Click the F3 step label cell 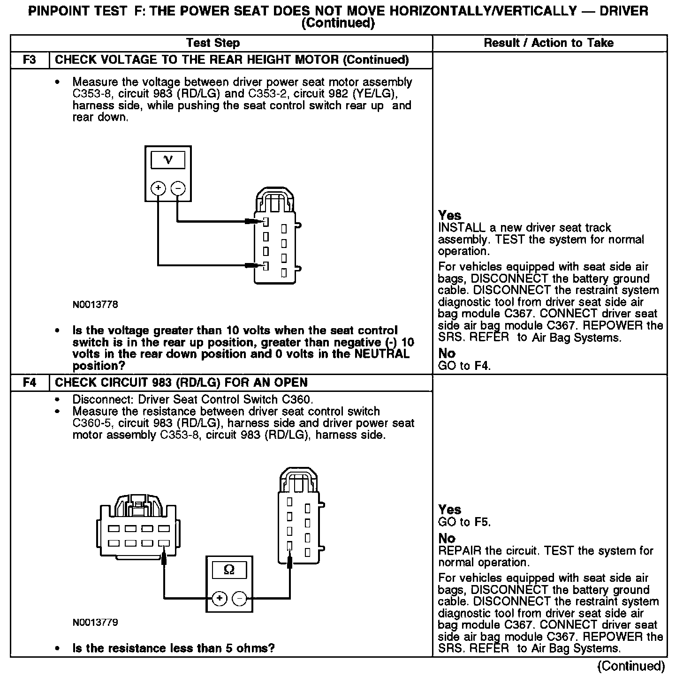pos(30,60)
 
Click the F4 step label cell pos(30,383)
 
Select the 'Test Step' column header pos(213,43)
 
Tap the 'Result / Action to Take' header pos(548,43)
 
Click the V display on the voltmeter pos(167,160)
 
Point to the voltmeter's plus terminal pos(158,188)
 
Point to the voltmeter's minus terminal pos(178,188)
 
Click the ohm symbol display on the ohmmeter pos(229,570)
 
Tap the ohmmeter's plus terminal pos(220,599)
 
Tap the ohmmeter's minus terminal pos(239,599)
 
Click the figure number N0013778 pos(95,305)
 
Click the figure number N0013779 pos(95,623)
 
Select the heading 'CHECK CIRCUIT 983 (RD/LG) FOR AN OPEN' pos(181,383)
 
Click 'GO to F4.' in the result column pos(464,366)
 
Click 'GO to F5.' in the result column pos(464,522)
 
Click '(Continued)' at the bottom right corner pos(631,666)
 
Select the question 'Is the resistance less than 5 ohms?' pos(173,648)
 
